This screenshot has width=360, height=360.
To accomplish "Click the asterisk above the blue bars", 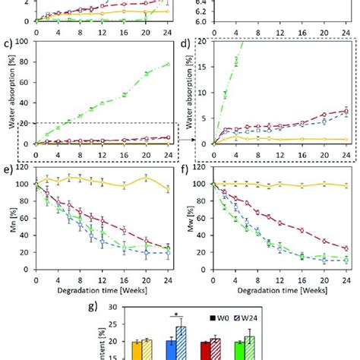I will (x=178, y=313).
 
